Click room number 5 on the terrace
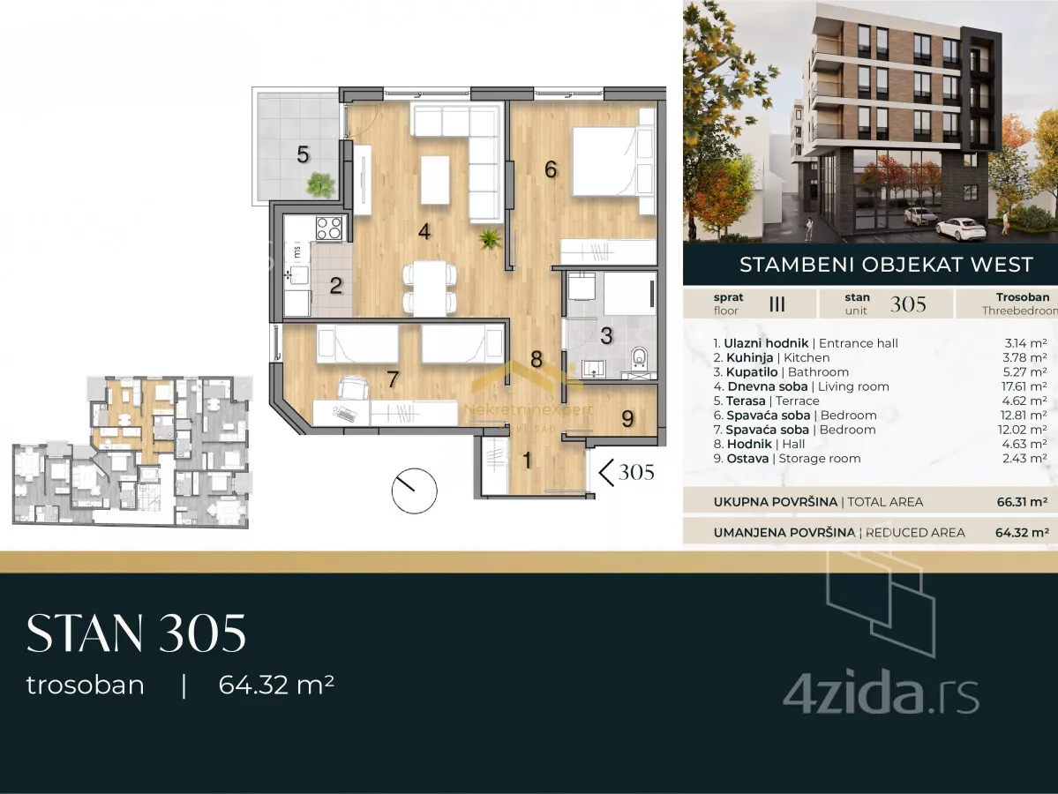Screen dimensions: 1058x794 303,154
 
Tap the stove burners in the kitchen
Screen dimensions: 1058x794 328,228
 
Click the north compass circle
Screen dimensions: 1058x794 415,491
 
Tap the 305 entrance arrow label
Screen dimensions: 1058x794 627,472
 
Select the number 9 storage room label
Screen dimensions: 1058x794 627,419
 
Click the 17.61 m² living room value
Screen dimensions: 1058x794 1025,386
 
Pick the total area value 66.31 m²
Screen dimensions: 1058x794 1022,502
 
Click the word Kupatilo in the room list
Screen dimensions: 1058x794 752,372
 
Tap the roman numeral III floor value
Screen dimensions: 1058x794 777,304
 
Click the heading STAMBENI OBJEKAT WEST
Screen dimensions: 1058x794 886,265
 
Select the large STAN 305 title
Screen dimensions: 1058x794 136,633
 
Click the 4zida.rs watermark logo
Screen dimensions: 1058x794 881,695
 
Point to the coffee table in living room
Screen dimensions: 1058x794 435,180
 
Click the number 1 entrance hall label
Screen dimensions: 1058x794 527,461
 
